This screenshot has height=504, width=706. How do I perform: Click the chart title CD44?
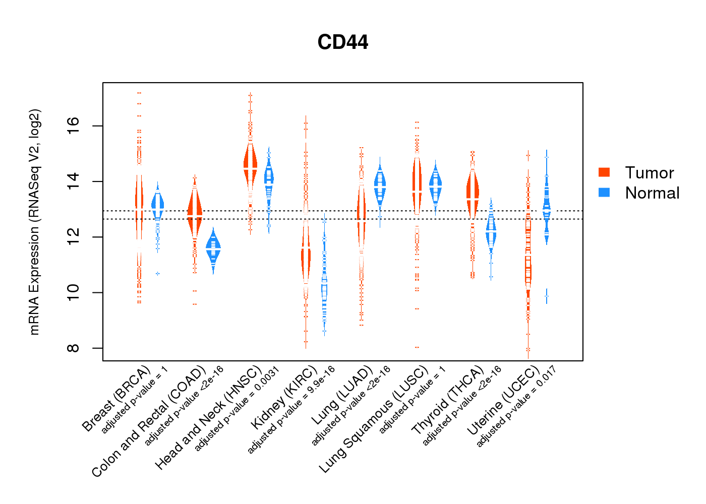343,42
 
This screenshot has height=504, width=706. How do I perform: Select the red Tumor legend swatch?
604,172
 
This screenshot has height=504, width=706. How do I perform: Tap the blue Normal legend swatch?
604,192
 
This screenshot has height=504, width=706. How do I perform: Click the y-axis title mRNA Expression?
34,222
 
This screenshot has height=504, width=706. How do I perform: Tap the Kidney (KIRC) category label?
283,399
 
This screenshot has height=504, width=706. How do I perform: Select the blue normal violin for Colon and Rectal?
213,249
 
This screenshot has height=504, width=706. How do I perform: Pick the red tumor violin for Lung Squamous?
417,184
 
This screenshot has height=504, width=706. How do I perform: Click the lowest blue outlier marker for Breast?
157,274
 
